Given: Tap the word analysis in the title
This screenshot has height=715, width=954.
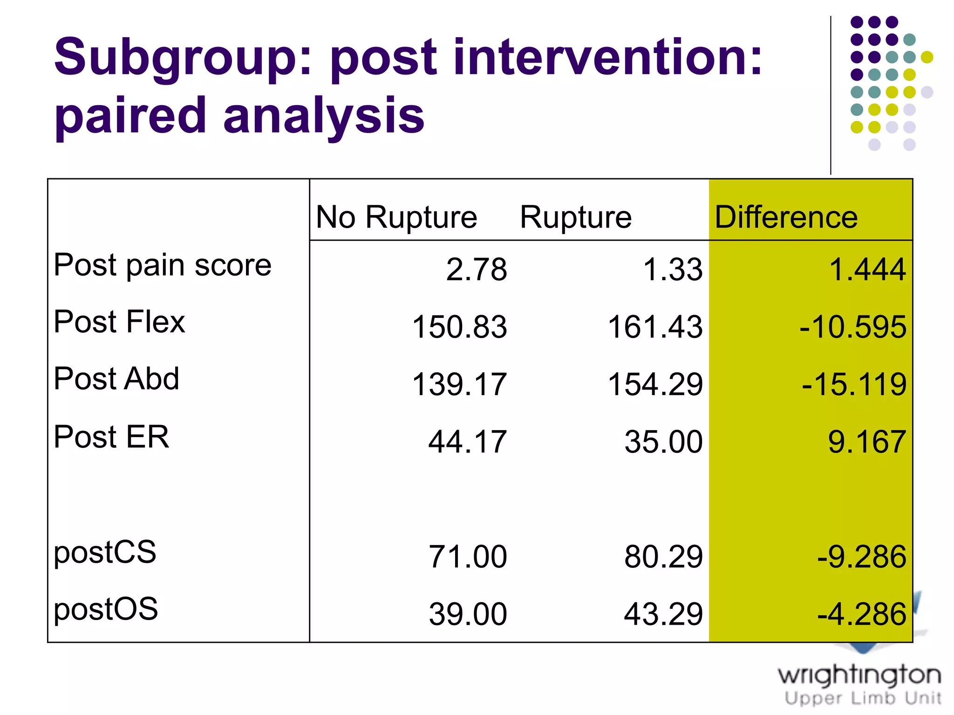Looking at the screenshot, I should [324, 116].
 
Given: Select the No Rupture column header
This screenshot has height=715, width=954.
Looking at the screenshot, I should [396, 217].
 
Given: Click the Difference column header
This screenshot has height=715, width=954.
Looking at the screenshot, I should [786, 217].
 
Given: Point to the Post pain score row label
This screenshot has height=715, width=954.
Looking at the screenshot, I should [163, 265].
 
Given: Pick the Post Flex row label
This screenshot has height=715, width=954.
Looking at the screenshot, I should [120, 322].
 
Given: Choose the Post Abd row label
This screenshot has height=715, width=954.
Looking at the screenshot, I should [116, 378].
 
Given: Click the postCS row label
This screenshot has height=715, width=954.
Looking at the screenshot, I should [105, 552].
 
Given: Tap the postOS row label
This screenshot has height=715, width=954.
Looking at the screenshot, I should [106, 609].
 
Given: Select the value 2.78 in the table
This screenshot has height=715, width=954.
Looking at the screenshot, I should [476, 270].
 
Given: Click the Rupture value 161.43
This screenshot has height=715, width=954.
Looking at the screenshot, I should [654, 327].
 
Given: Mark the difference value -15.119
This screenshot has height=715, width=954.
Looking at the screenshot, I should [853, 384].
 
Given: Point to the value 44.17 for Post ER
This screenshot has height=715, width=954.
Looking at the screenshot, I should [467, 442].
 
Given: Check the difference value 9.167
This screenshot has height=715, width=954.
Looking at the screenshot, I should [866, 442].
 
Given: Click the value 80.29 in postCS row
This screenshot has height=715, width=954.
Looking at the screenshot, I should [663, 557].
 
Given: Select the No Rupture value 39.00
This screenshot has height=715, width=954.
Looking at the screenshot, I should [468, 614].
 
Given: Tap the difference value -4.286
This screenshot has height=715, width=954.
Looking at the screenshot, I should [861, 614].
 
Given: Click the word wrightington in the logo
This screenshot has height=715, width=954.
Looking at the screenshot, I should [859, 675].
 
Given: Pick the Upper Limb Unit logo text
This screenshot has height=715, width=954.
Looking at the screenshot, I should [862, 698].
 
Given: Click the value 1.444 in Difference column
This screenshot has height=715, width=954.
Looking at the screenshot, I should [867, 270].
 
